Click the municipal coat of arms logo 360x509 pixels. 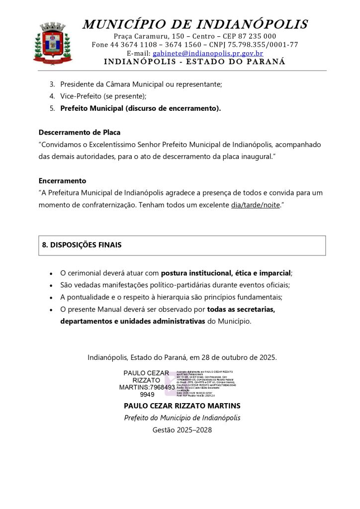point(53,43)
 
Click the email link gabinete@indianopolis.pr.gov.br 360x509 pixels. point(207,53)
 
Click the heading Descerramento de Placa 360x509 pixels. point(80,133)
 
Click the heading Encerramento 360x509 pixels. point(62,180)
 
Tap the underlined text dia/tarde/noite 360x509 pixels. point(256,205)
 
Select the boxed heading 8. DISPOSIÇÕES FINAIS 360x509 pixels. point(82,245)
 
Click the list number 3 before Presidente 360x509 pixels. point(52,85)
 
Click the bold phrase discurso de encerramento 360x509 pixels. point(173,108)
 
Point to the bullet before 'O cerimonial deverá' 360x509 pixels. point(51,273)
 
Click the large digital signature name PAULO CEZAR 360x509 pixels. point(146,373)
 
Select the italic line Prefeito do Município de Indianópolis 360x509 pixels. point(182,418)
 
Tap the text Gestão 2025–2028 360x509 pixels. point(182,430)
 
